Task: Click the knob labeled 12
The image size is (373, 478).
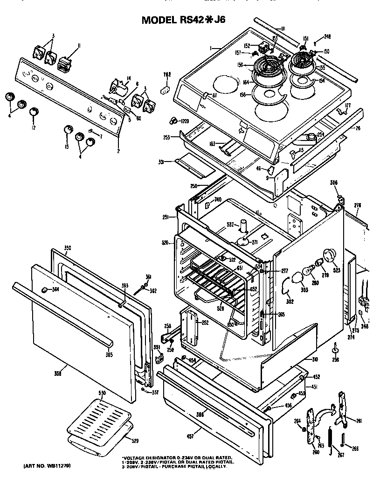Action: tap(34, 112)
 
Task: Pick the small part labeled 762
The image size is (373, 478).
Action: tap(165, 89)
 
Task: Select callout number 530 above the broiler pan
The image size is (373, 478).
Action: tap(102, 394)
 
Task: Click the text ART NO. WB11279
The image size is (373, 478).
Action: tap(45, 465)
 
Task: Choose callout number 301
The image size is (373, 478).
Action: tap(161, 162)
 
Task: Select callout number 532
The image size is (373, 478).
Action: tap(230, 224)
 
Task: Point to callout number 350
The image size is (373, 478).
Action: tap(67, 247)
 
